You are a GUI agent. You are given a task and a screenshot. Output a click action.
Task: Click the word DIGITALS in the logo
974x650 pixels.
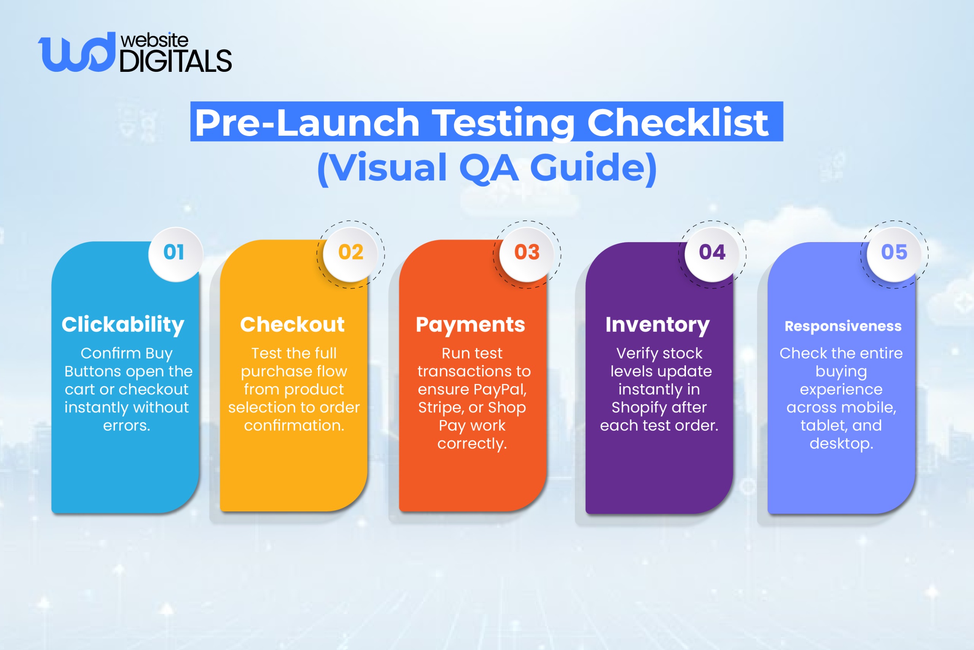tap(175, 61)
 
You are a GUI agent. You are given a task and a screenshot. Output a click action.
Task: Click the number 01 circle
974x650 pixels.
tap(175, 254)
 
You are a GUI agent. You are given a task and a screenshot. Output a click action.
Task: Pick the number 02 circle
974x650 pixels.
tap(350, 254)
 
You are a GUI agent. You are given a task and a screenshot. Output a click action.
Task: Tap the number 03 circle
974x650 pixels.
tap(527, 254)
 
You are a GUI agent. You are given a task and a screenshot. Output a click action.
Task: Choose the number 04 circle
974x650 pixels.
tap(712, 254)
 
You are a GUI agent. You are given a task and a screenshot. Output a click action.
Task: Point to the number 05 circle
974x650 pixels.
tap(894, 254)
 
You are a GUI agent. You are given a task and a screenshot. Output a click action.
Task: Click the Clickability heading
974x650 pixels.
tap(123, 325)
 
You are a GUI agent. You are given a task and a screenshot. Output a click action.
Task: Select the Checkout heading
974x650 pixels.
tap(293, 325)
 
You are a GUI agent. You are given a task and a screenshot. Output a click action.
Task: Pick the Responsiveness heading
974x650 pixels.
tap(843, 327)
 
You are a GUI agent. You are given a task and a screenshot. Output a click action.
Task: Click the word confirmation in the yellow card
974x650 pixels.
tap(294, 425)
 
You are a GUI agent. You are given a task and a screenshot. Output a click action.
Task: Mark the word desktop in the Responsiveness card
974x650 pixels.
tap(841, 444)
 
